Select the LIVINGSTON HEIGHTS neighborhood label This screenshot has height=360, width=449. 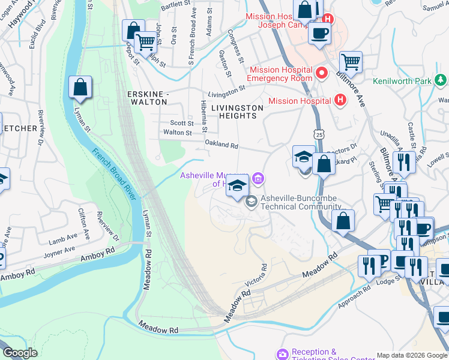237,112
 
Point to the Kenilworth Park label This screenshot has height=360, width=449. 409,81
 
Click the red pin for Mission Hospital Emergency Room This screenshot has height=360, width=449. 322,74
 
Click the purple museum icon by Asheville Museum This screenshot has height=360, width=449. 258,178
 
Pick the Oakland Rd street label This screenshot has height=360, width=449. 221,145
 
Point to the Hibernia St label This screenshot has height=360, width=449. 203,116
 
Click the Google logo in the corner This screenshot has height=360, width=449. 20,353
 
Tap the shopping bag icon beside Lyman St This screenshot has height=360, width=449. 80,88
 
